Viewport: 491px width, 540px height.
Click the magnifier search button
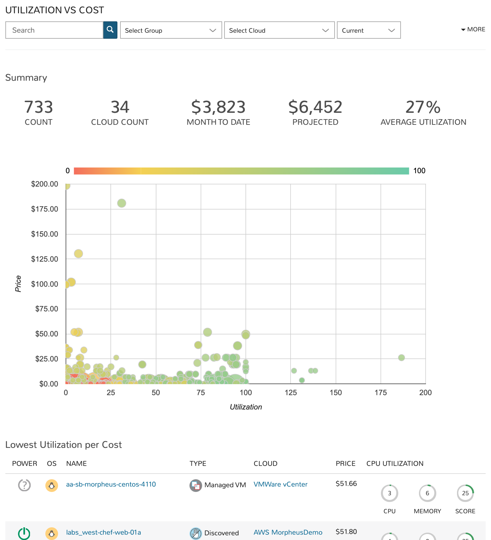[110, 30]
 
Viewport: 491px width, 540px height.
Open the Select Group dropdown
[171, 30]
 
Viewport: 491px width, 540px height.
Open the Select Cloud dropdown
[279, 30]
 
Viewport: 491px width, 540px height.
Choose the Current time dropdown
[369, 30]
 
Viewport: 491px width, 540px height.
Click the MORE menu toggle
[473, 29]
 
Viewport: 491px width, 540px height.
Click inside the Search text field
[54, 30]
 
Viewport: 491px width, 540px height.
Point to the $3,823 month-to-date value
[218, 107]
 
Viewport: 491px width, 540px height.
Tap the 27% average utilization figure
[423, 107]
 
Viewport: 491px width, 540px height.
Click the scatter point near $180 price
[121, 203]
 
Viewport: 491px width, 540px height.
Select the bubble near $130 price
[78, 254]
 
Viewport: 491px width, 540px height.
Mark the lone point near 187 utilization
[401, 357]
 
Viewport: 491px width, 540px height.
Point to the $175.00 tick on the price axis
[45, 209]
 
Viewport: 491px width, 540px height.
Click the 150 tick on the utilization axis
[336, 392]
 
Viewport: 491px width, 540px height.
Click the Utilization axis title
[246, 407]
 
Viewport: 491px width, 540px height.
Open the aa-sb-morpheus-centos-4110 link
[111, 484]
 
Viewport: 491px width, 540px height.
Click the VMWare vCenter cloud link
[281, 484]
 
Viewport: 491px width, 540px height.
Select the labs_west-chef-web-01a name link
[103, 532]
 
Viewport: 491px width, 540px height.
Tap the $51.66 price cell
[346, 484]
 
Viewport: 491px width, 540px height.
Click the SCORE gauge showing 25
[465, 493]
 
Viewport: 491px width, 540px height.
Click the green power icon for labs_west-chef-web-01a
[24, 533]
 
